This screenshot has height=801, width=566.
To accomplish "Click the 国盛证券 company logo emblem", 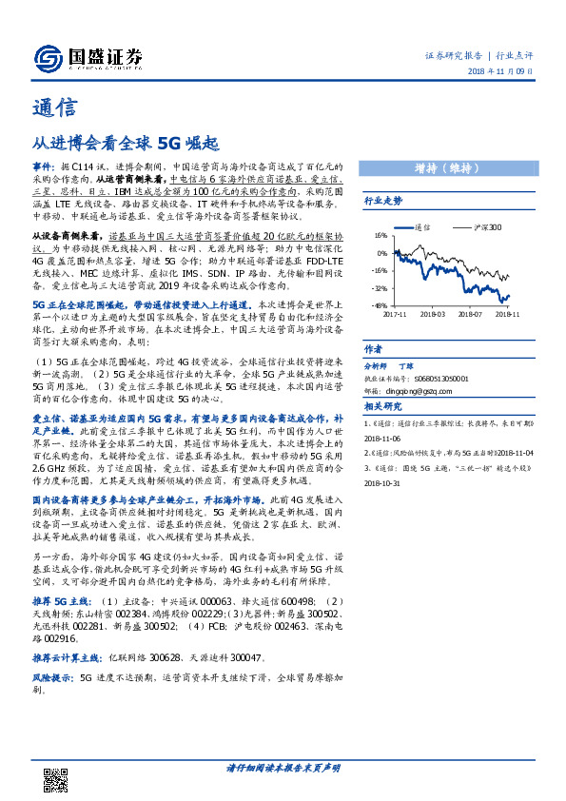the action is click(x=49, y=58).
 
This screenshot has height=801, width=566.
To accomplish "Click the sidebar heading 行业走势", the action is click(x=383, y=201).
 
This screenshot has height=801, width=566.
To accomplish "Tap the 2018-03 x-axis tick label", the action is click(x=432, y=312).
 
